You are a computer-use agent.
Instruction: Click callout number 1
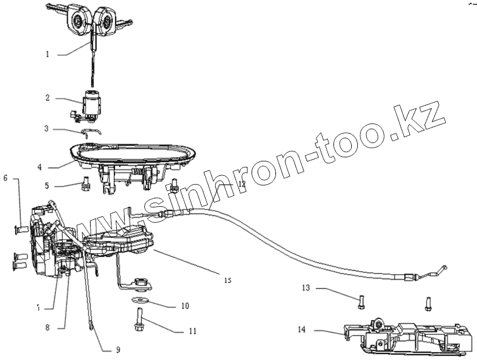(47, 55)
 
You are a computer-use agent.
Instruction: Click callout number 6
(6, 178)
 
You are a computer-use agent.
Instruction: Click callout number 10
(185, 306)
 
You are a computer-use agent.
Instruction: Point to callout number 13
(306, 288)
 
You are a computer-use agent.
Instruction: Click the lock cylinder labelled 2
(92, 102)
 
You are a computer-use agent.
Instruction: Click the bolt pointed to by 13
(361, 302)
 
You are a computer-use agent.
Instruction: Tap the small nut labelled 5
(86, 182)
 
